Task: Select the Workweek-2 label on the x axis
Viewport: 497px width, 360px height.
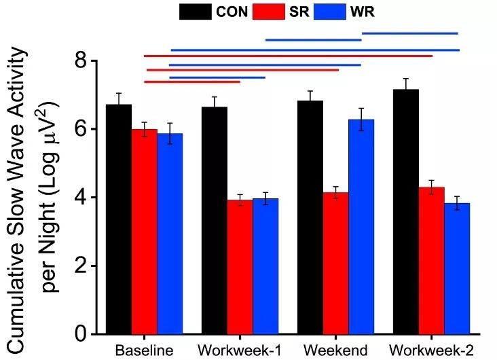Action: coord(432,351)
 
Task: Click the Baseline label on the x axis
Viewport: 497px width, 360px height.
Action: coord(144,351)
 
